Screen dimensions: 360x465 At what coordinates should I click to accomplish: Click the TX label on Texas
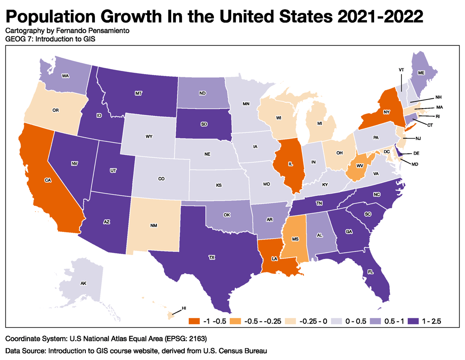coord(212,257)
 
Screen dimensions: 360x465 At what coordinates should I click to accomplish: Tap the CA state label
coord(48,180)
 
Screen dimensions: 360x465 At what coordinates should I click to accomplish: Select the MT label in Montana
coord(139,93)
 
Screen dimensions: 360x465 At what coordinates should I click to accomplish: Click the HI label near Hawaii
coord(184,308)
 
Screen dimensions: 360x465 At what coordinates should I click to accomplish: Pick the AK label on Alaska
coord(84,283)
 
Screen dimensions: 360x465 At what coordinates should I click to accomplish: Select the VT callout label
coord(401,70)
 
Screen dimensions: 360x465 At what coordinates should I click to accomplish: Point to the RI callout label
coord(439,116)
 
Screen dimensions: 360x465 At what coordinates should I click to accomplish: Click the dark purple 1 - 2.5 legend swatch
coord(414,321)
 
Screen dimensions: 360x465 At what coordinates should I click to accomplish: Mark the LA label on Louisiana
coord(275,259)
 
